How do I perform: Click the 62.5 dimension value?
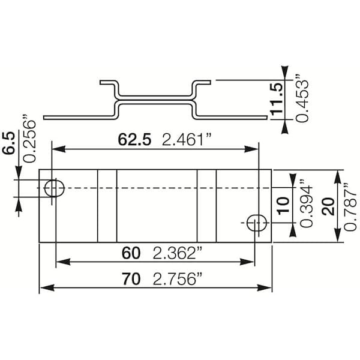pyautogui.click(x=134, y=140)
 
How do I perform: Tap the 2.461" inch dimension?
pyautogui.click(x=186, y=140)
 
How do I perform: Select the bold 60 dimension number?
pyautogui.click(x=131, y=253)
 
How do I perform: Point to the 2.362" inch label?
pyautogui.click(x=178, y=253)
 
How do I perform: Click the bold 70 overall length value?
pyautogui.click(x=131, y=279)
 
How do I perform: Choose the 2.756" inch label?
pyautogui.click(x=178, y=279)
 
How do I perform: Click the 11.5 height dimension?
pyautogui.click(x=277, y=99)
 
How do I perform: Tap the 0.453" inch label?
pyautogui.click(x=302, y=98)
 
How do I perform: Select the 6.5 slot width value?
pyautogui.click(x=9, y=143)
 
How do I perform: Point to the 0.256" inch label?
pyautogui.click(x=29, y=138)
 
